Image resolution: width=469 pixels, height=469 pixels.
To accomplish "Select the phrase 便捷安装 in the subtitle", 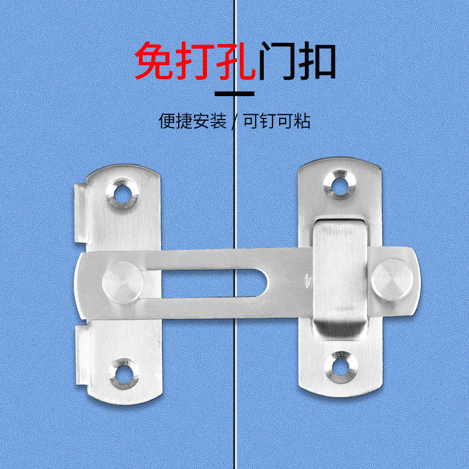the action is click(x=193, y=121).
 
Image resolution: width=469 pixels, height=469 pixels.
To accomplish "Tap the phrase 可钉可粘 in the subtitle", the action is click(x=277, y=121).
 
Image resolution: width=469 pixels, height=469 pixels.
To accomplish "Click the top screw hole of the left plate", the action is click(x=124, y=192).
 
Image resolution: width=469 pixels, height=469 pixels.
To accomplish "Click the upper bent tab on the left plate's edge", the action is click(x=81, y=214).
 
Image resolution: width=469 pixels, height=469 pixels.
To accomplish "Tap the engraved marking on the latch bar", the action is click(x=306, y=280).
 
